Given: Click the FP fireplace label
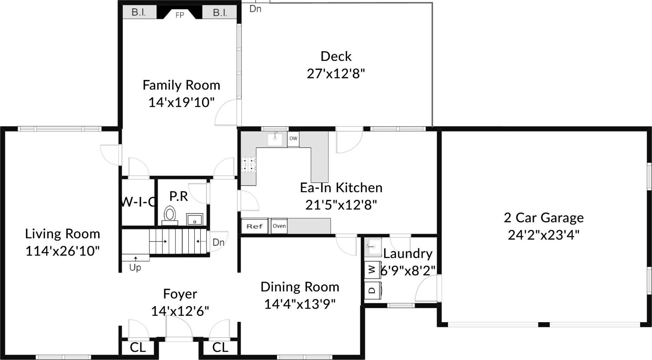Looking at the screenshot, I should click(179, 15).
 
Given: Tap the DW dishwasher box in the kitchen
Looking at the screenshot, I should click(293, 138).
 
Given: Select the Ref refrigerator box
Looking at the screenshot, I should click(254, 226).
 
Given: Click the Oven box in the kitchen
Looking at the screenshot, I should click(279, 226).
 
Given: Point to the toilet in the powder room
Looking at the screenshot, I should click(170, 214).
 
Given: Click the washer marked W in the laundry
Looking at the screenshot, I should click(373, 270).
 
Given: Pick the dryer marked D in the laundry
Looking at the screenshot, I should click(373, 290).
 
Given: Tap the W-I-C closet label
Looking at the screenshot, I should click(138, 202).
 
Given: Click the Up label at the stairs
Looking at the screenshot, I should click(135, 268).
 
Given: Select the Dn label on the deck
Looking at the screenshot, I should click(255, 9).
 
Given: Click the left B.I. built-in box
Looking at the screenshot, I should click(139, 13).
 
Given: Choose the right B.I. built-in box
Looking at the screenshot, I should click(220, 13).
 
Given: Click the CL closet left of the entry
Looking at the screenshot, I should click(138, 347).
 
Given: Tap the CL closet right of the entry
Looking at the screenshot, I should click(220, 347).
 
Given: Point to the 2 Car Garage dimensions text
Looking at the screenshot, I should click(543, 235).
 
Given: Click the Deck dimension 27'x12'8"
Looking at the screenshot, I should click(336, 74).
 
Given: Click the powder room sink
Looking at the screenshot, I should click(195, 220).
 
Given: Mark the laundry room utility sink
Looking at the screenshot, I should click(373, 247).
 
